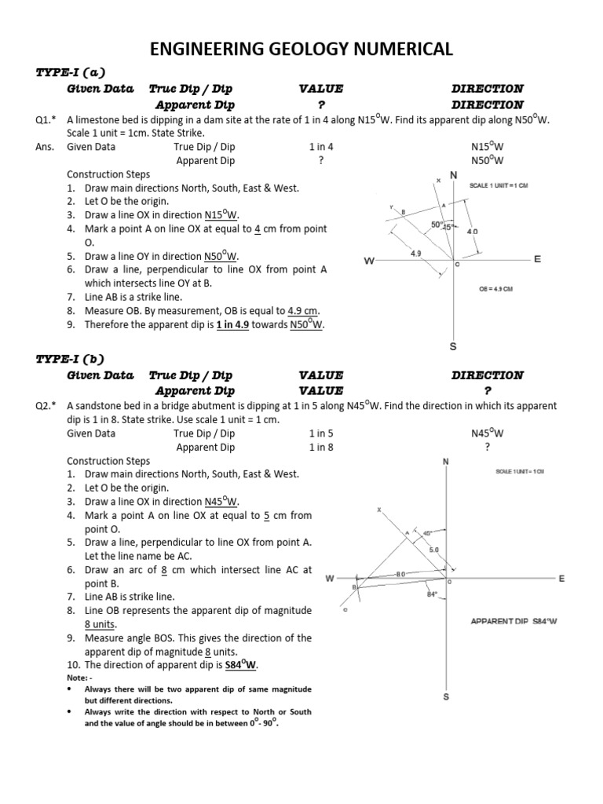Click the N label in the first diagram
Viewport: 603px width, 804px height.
pyautogui.click(x=453, y=174)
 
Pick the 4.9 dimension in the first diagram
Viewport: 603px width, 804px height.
pyautogui.click(x=416, y=254)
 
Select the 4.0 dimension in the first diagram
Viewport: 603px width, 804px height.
pyautogui.click(x=472, y=232)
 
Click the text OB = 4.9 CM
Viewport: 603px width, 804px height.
pyautogui.click(x=495, y=289)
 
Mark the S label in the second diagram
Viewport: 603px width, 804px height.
pyautogui.click(x=446, y=696)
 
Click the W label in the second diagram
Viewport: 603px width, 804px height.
pyautogui.click(x=330, y=579)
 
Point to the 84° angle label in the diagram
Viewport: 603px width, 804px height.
pyautogui.click(x=431, y=594)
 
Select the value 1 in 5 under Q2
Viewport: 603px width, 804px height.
pyautogui.click(x=321, y=433)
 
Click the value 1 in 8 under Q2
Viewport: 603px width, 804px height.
pyautogui.click(x=321, y=448)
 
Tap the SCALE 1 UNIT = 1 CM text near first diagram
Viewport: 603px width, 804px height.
pyautogui.click(x=499, y=185)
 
